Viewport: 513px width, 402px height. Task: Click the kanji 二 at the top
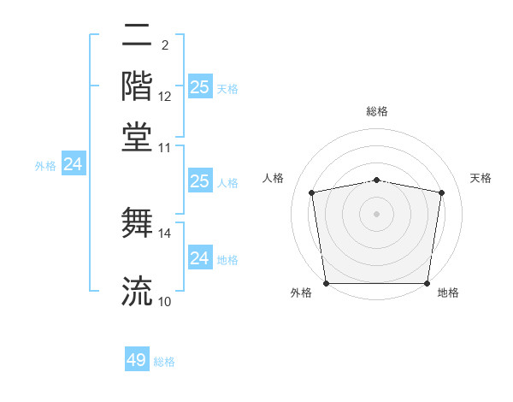(x=137, y=38)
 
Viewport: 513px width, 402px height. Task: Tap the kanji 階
(x=137, y=86)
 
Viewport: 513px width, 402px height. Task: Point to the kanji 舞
(x=137, y=222)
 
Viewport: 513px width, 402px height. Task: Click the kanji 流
(x=137, y=291)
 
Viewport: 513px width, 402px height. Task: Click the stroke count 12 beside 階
(x=165, y=97)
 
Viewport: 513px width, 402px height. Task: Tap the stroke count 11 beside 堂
(x=165, y=147)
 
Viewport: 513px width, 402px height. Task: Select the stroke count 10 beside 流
(x=165, y=301)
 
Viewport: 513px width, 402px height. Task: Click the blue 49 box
(x=137, y=360)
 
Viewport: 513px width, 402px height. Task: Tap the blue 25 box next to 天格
(x=199, y=86)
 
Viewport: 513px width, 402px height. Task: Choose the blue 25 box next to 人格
(x=199, y=181)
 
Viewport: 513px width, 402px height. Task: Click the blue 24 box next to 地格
(x=199, y=258)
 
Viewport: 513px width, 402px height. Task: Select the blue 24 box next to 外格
(x=73, y=164)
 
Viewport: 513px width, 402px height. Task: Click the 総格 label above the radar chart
(x=377, y=111)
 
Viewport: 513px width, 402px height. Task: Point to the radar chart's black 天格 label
(x=481, y=178)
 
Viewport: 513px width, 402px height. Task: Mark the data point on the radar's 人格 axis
(x=312, y=192)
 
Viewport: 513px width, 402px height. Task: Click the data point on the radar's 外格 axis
(x=326, y=283)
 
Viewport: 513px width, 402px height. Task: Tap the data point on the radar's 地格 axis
(x=427, y=283)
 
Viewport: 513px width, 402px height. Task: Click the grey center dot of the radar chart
(x=377, y=213)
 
